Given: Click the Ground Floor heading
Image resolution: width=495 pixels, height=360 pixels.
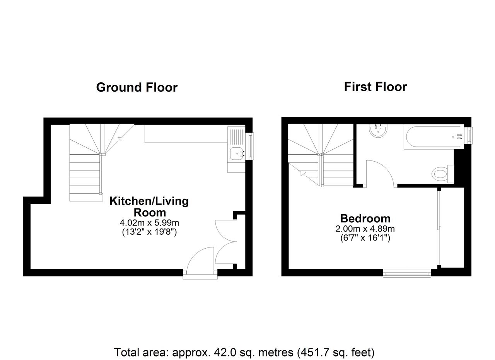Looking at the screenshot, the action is click(x=137, y=87).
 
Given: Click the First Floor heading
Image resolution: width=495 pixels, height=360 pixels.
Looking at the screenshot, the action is click(x=376, y=87).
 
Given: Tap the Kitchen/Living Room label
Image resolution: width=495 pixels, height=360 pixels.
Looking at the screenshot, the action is click(x=149, y=207).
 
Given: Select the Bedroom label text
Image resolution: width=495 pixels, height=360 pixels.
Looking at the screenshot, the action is click(x=365, y=218).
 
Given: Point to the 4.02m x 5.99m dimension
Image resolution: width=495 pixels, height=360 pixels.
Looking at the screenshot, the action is click(x=149, y=223).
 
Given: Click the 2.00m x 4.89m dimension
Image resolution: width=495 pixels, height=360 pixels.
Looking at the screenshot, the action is click(x=365, y=229).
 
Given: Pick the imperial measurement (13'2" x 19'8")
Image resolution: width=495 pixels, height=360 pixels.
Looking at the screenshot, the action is click(x=149, y=232).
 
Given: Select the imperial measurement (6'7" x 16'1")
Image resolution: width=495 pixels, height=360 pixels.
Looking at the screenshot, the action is click(x=365, y=238).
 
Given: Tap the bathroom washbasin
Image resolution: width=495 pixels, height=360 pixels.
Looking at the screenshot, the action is click(x=378, y=131).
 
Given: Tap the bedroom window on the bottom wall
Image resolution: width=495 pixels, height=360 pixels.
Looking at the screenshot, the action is click(x=407, y=273).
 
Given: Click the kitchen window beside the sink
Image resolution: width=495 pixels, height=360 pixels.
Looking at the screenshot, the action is click(x=251, y=146).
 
